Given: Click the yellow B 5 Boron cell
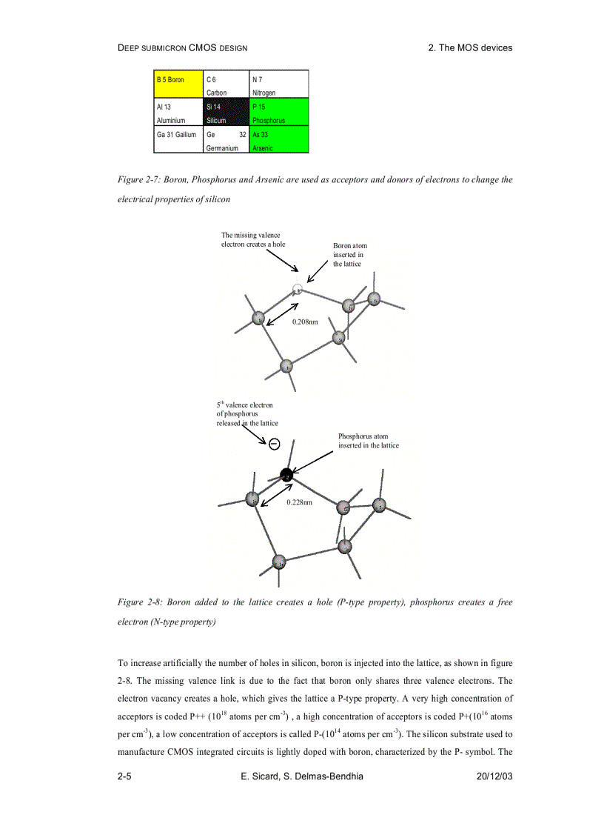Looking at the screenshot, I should tap(178, 84).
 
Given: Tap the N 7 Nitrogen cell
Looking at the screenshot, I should tap(279, 84).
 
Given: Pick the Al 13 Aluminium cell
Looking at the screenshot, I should tap(178, 113).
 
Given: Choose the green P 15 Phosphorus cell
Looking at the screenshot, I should tap(279, 113).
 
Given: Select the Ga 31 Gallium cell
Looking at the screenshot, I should tap(178, 140).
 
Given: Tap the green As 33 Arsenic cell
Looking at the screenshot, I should tap(279, 140).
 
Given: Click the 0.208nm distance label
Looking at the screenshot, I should tap(305, 322).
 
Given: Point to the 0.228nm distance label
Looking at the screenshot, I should tap(299, 502).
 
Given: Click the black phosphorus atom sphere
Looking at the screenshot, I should tap(286, 474).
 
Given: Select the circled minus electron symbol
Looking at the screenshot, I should tap(274, 444).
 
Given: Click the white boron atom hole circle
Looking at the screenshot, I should tap(298, 290).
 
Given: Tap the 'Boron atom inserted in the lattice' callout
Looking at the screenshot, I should tap(349, 254).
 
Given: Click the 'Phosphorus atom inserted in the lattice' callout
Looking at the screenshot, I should tap(368, 441).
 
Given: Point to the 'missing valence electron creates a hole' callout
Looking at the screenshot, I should tap(253, 239).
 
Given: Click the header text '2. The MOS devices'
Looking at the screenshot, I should tap(470, 47).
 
